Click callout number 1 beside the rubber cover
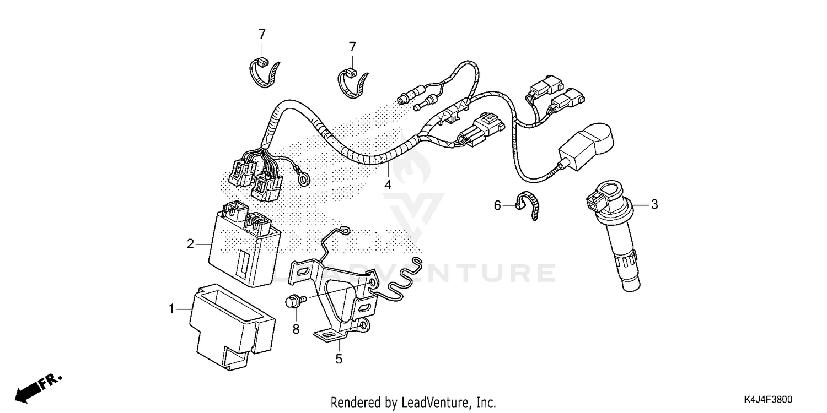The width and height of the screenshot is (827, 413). (171, 310)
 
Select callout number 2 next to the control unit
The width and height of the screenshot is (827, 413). (190, 243)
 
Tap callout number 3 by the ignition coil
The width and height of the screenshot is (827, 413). (654, 205)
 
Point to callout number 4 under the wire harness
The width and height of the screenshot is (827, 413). (388, 185)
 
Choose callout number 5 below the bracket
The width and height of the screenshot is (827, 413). (339, 359)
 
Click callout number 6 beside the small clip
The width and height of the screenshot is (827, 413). (497, 206)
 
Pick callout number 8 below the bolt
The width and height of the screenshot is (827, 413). (295, 329)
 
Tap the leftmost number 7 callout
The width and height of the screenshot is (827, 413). (262, 34)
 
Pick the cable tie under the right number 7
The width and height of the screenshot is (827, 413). (352, 83)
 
